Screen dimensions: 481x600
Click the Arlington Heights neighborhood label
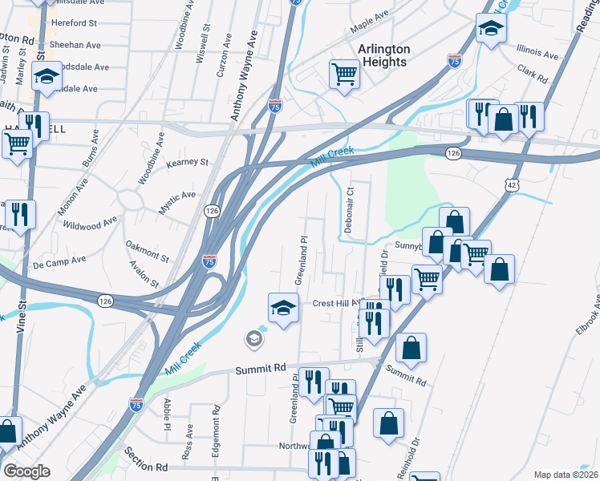tap(383, 55)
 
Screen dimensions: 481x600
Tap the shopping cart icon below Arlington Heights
tap(344, 75)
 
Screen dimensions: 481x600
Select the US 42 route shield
tap(513, 184)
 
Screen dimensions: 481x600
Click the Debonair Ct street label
tap(349, 210)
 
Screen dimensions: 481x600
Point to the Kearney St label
tap(187, 162)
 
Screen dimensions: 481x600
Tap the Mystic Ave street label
tap(176, 200)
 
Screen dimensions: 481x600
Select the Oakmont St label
tap(148, 252)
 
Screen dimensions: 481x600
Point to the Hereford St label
tap(74, 23)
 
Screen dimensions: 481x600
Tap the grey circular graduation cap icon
tap(254, 340)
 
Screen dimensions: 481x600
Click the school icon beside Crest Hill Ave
tap(282, 308)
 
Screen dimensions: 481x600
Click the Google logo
tap(26, 471)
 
